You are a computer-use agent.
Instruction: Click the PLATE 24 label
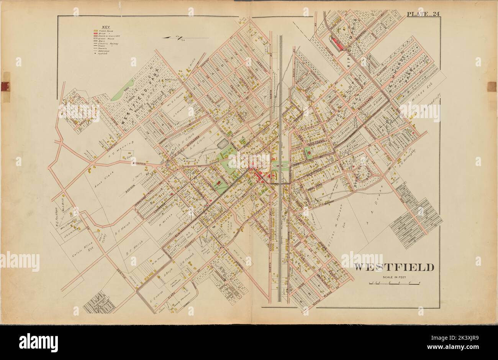point(423,15)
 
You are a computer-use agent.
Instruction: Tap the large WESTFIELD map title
point(393,267)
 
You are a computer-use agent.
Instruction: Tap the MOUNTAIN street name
point(140,163)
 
